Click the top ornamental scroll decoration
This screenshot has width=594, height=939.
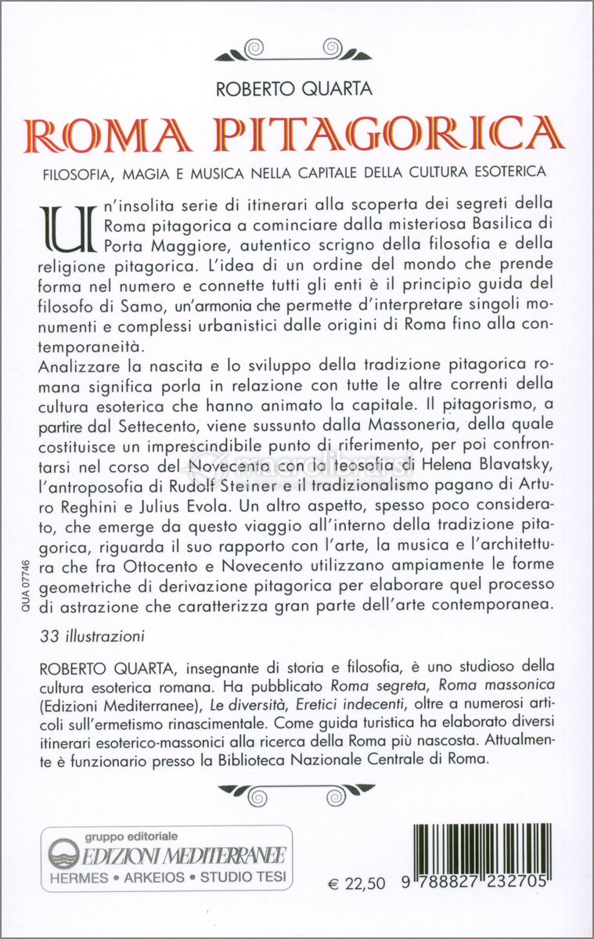[x=294, y=51]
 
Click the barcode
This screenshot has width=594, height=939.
[x=480, y=855]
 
